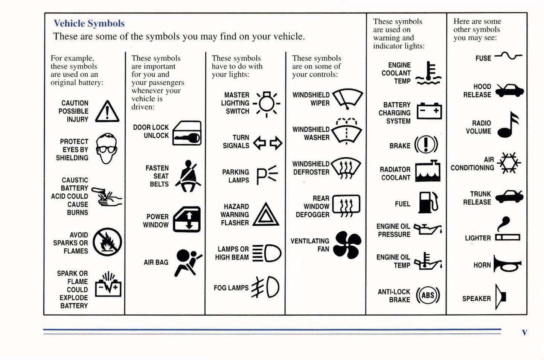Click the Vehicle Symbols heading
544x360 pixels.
tap(89, 23)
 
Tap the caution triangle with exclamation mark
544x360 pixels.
tap(107, 112)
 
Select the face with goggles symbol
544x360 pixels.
tap(107, 148)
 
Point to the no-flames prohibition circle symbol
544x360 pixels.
tap(107, 242)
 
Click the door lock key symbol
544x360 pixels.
tap(187, 133)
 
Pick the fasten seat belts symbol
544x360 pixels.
tap(189, 176)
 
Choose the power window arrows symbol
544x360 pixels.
tap(187, 220)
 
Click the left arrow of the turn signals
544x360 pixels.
tap(260, 143)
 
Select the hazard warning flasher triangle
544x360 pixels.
tap(266, 215)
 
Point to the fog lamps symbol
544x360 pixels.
tap(266, 287)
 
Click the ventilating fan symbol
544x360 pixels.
tap(347, 245)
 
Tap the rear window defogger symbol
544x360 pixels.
tap(346, 206)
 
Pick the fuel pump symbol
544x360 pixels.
tap(428, 202)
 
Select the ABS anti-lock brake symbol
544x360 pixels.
tap(428, 295)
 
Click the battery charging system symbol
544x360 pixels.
tap(429, 111)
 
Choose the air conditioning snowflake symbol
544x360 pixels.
tap(509, 163)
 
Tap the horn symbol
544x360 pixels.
tap(507, 264)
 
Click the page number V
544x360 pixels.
tap(524, 332)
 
